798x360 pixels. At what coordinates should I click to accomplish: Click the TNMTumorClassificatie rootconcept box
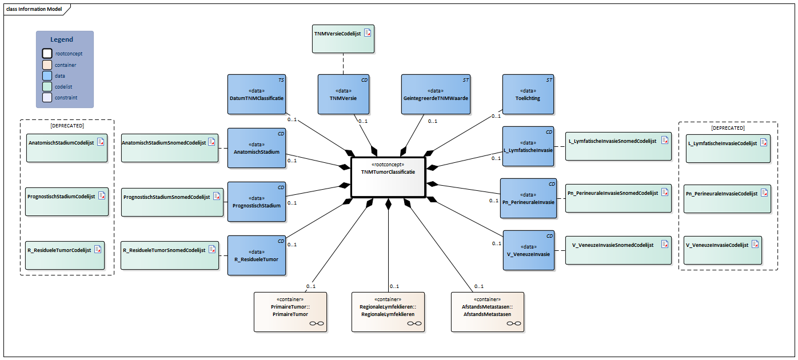click(x=388, y=177)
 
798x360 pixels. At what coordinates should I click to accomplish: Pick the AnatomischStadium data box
click(x=256, y=148)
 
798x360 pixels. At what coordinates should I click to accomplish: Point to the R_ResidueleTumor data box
click(x=256, y=255)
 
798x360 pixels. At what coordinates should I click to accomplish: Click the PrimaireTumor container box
click(x=290, y=311)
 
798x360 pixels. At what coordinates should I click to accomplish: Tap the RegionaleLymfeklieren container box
click(x=388, y=311)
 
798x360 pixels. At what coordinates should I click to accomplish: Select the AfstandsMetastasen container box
click(x=488, y=311)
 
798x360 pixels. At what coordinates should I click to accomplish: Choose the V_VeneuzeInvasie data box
click(x=529, y=250)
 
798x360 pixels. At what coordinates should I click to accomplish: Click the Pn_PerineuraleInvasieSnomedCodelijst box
click(x=619, y=198)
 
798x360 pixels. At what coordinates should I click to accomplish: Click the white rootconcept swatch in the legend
click(x=47, y=53)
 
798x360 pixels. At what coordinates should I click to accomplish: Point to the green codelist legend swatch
click(x=47, y=87)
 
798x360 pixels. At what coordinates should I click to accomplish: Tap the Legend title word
click(x=62, y=39)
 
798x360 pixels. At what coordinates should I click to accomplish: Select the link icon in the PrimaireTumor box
click(x=316, y=323)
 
